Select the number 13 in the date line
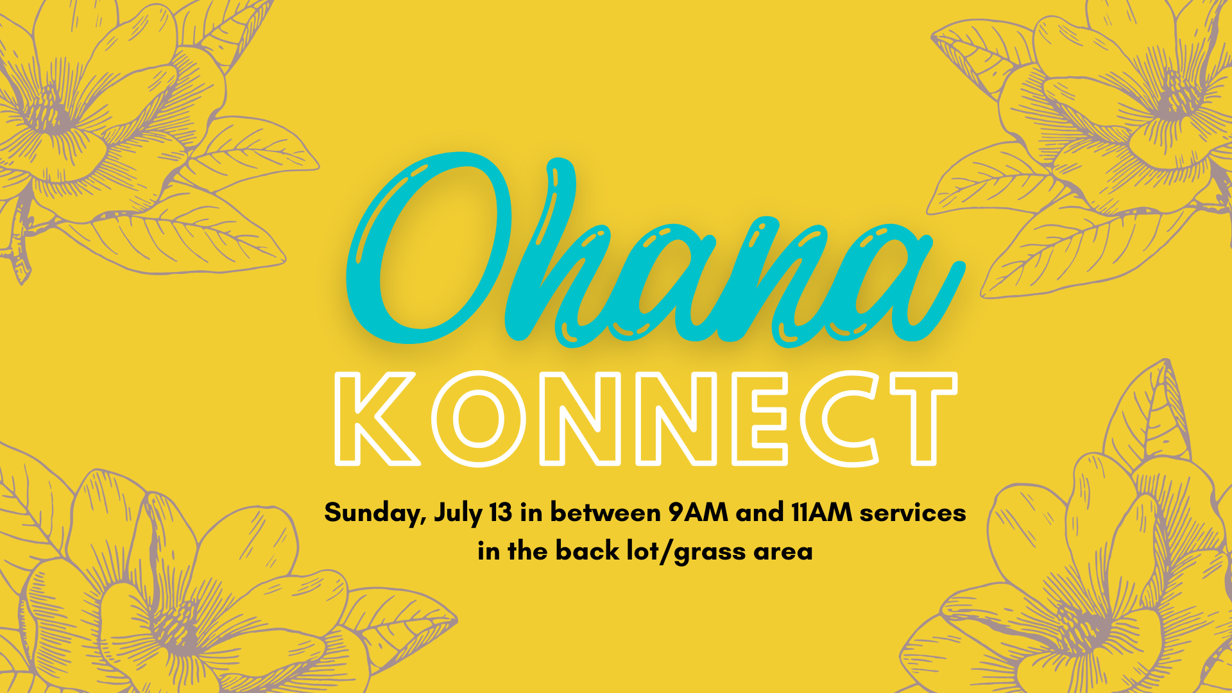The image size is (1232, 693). [501, 512]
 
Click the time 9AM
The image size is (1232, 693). [697, 512]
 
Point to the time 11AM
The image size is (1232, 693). [821, 512]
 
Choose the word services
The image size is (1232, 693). [912, 513]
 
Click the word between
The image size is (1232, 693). [605, 512]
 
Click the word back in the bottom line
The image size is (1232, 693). [587, 551]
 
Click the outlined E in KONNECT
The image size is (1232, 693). [760, 418]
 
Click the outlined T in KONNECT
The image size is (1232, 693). [924, 418]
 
